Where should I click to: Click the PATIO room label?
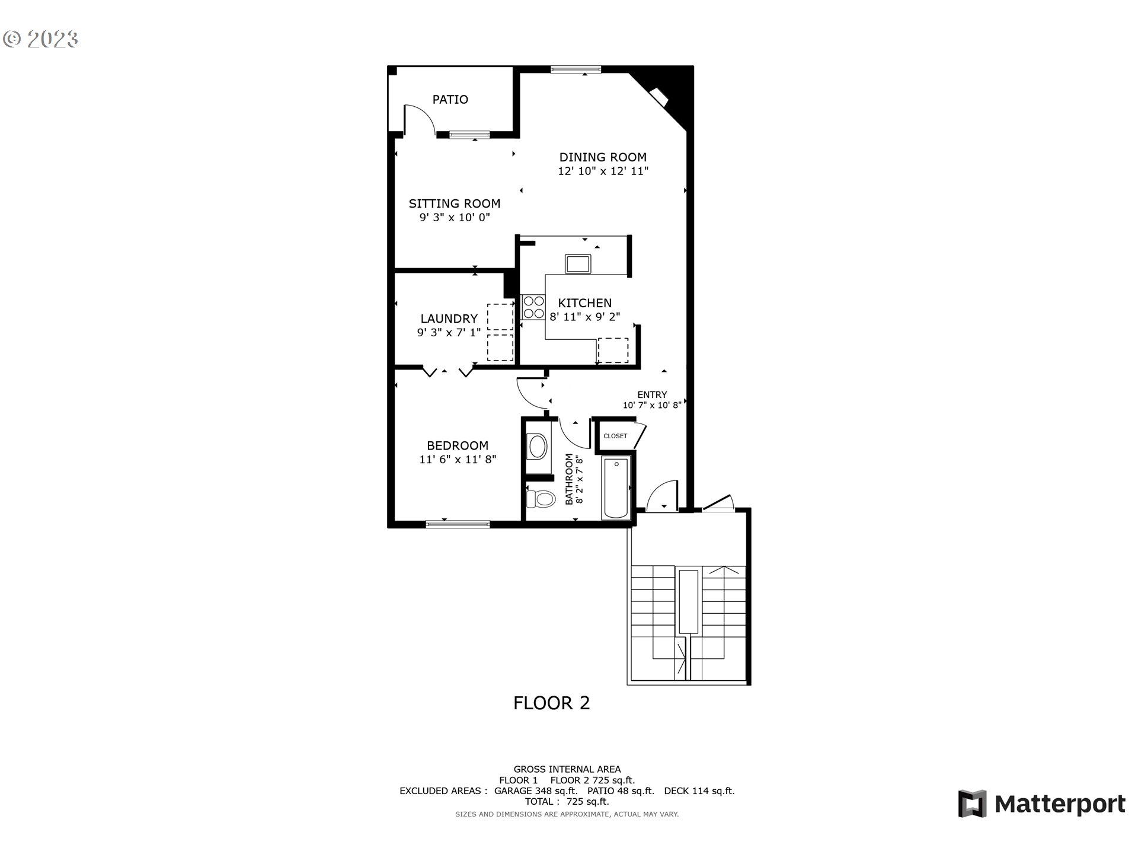pyautogui.click(x=450, y=100)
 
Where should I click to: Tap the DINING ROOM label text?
pyautogui.click(x=603, y=157)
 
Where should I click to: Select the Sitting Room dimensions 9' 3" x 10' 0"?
pyautogui.click(x=455, y=218)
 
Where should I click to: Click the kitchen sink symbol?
pyautogui.click(x=578, y=263)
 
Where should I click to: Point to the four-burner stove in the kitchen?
pyautogui.click(x=533, y=307)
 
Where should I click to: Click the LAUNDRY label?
pyautogui.click(x=449, y=319)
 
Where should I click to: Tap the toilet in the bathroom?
pyautogui.click(x=541, y=498)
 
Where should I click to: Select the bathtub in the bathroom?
pyautogui.click(x=616, y=487)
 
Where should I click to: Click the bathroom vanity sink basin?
pyautogui.click(x=538, y=447)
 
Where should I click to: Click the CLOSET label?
pyautogui.click(x=615, y=436)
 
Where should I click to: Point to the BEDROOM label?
pyautogui.click(x=458, y=446)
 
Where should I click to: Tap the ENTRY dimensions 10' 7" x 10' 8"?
pyautogui.click(x=652, y=406)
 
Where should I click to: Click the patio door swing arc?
pyautogui.click(x=421, y=118)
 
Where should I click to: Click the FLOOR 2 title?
pyautogui.click(x=551, y=703)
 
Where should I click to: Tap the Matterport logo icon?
pyautogui.click(x=973, y=804)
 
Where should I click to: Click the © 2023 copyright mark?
pyautogui.click(x=40, y=39)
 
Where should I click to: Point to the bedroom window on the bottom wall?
pyautogui.click(x=458, y=524)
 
